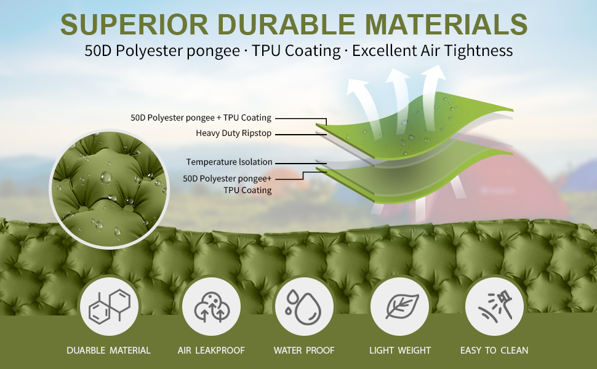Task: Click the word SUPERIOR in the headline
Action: tap(134, 25)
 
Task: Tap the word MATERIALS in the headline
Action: tap(446, 25)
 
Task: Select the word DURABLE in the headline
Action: tap(286, 25)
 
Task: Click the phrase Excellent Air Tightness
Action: tap(432, 50)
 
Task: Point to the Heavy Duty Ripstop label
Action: tap(233, 133)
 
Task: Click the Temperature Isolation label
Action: tap(229, 162)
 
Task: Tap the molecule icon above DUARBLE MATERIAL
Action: tap(110, 307)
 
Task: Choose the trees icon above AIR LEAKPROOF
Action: tap(212, 307)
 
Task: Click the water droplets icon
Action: tap(304, 307)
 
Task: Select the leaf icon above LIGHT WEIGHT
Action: tap(402, 306)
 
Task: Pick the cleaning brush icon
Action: tap(495, 307)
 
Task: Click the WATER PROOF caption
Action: tap(304, 351)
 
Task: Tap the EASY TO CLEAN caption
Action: tap(494, 351)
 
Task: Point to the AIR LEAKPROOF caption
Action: tap(211, 351)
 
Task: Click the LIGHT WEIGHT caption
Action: tap(400, 351)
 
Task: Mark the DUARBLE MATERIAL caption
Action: tap(108, 351)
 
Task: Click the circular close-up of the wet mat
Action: tap(110, 189)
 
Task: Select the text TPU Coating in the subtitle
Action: tap(296, 50)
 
